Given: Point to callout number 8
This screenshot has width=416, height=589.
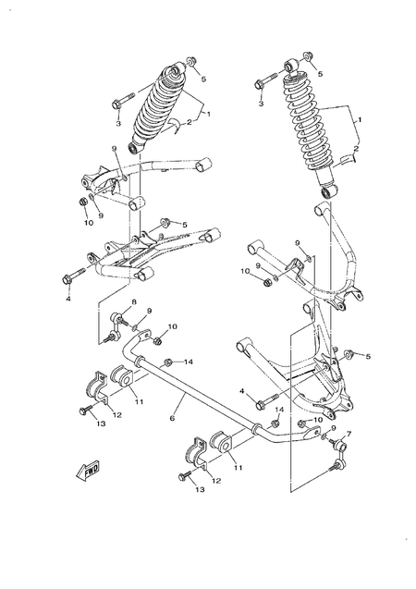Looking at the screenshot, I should [x=133, y=302].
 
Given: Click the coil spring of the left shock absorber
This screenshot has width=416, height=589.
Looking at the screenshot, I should [x=161, y=105].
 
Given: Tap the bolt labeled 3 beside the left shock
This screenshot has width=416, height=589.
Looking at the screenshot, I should [x=123, y=104].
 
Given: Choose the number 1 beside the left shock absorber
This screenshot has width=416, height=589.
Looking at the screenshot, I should [x=209, y=113].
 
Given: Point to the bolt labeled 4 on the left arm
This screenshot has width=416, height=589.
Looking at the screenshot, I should [x=75, y=275].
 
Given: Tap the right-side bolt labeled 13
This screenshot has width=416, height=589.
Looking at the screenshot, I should [x=188, y=476].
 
